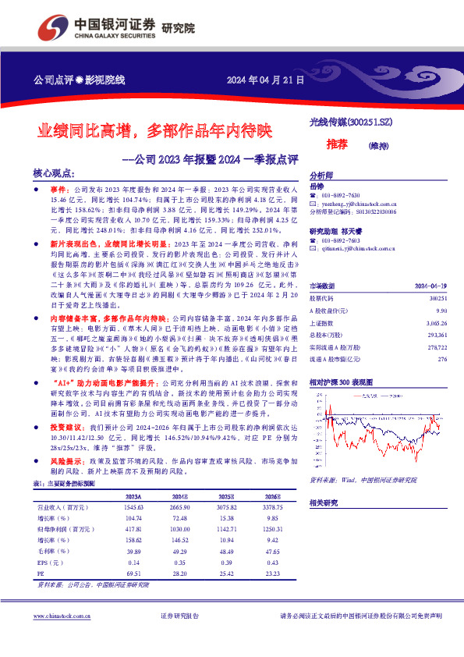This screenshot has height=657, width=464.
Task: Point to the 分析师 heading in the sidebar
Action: [x=321, y=176]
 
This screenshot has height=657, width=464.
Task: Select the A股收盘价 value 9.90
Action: [x=442, y=289]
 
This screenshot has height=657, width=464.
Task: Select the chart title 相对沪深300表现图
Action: [x=342, y=383]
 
